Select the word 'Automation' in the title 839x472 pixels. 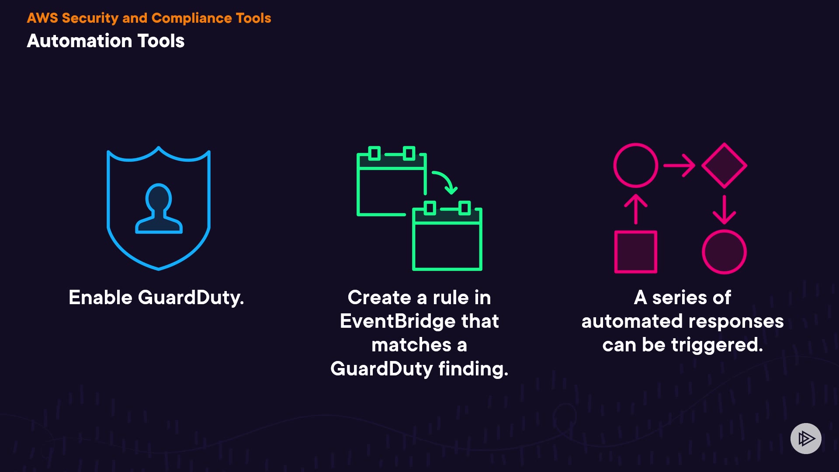click(x=79, y=41)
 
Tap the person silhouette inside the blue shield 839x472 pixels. click(x=159, y=209)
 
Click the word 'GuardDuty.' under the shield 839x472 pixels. click(x=191, y=298)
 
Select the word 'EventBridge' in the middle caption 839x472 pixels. click(x=397, y=321)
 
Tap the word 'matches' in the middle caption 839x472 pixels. click(x=411, y=345)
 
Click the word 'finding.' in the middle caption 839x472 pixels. click(x=473, y=369)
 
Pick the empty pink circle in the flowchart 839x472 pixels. click(x=635, y=165)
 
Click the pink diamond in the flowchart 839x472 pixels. click(x=724, y=166)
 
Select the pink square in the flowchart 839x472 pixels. click(x=635, y=252)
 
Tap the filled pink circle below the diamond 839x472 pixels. click(x=724, y=252)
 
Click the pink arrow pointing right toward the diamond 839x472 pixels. click(x=679, y=166)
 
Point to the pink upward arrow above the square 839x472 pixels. click(x=635, y=209)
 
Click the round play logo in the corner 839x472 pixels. click(x=806, y=438)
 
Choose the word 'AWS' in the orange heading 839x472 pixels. click(x=42, y=18)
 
